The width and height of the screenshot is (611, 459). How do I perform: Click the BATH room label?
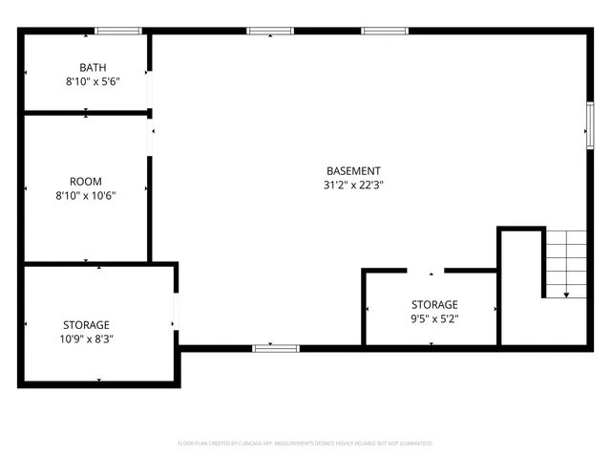click(93, 67)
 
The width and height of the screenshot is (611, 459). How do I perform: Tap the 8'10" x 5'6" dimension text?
click(93, 82)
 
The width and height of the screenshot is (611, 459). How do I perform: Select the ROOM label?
click(86, 181)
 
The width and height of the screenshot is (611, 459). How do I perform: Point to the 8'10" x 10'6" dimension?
click(86, 196)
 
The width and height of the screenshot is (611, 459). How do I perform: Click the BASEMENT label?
click(353, 171)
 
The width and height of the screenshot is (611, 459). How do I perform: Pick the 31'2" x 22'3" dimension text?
click(353, 186)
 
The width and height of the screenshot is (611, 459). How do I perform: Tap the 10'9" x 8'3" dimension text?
click(86, 339)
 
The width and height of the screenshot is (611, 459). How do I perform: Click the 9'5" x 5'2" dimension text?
click(434, 318)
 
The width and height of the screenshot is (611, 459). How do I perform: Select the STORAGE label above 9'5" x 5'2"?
click(434, 304)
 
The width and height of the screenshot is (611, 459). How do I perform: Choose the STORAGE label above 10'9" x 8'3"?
click(86, 324)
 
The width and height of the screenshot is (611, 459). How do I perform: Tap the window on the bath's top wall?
click(117, 32)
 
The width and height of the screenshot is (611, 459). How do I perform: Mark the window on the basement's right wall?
click(588, 125)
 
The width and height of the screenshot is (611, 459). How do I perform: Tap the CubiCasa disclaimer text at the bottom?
click(305, 444)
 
